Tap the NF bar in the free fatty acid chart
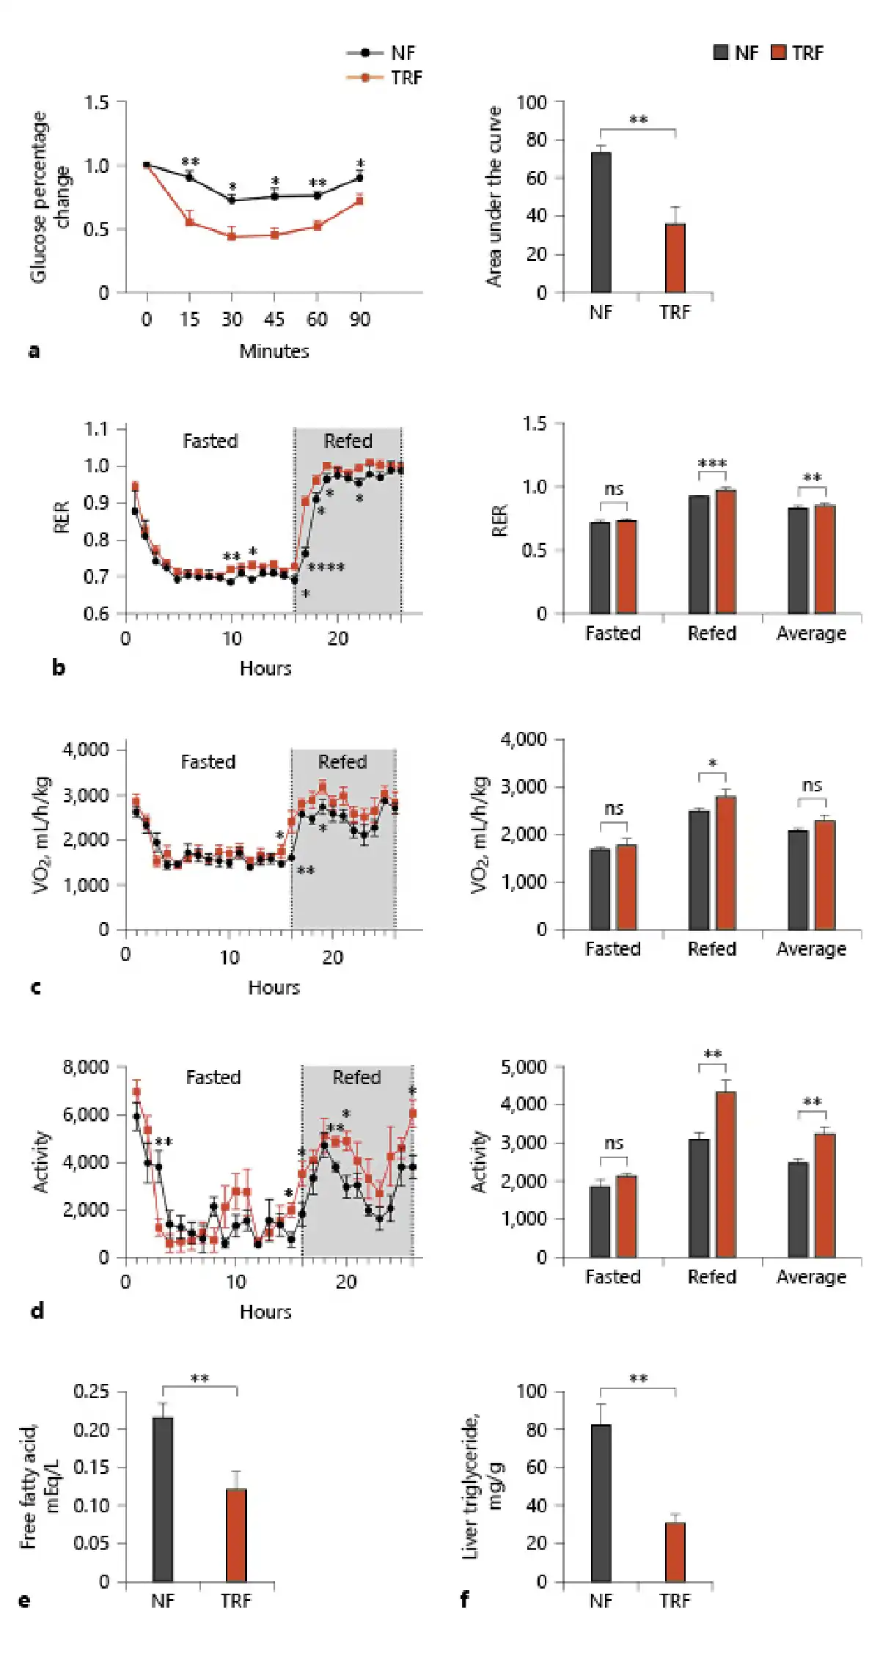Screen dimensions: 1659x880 coord(163,1499)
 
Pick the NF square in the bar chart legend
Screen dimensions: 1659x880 coord(721,53)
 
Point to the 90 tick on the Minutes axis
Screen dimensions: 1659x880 coord(359,320)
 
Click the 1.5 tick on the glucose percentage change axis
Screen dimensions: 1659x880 coord(96,103)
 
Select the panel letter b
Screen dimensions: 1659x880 coord(58,668)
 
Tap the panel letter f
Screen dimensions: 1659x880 coord(464,1600)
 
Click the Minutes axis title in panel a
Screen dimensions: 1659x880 coord(274,351)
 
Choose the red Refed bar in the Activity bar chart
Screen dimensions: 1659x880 coord(726,1174)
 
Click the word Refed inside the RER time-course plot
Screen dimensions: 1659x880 coord(348,442)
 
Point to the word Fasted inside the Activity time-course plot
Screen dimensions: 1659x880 coord(213,1077)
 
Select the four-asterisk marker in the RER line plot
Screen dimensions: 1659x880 coord(326,567)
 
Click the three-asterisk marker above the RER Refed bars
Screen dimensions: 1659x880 coord(712,464)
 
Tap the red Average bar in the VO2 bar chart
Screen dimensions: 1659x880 coord(825,875)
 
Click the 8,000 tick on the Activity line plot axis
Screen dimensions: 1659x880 coord(86,1067)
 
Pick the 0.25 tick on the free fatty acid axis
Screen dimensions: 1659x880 coord(91,1392)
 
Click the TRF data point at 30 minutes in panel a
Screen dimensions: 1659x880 coord(232,236)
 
